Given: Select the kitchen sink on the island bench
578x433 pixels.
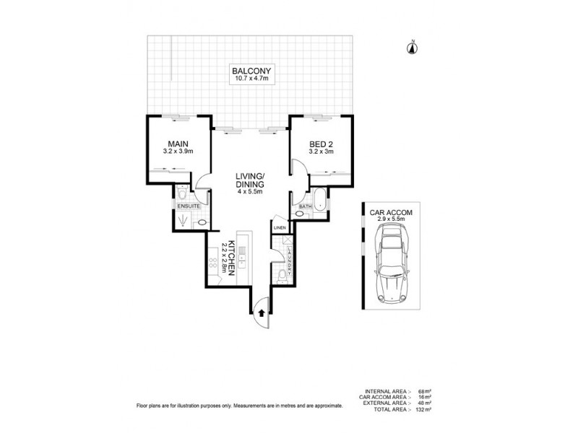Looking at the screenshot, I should click(x=242, y=253).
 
